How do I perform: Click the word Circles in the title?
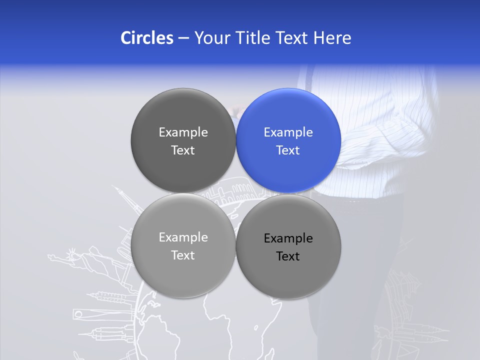click(147, 38)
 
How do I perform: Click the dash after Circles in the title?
click(183, 38)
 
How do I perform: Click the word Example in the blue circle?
click(288, 132)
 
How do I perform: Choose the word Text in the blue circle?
click(288, 150)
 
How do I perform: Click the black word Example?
click(288, 238)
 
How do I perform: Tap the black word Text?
click(288, 256)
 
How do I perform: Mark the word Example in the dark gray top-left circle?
click(183, 132)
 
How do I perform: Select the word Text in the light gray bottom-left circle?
click(183, 255)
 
